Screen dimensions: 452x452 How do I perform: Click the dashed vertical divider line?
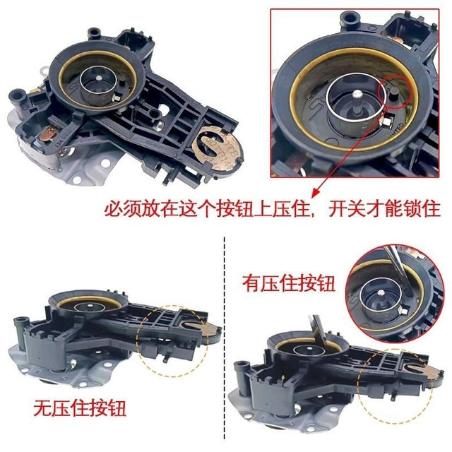coord(224,339)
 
